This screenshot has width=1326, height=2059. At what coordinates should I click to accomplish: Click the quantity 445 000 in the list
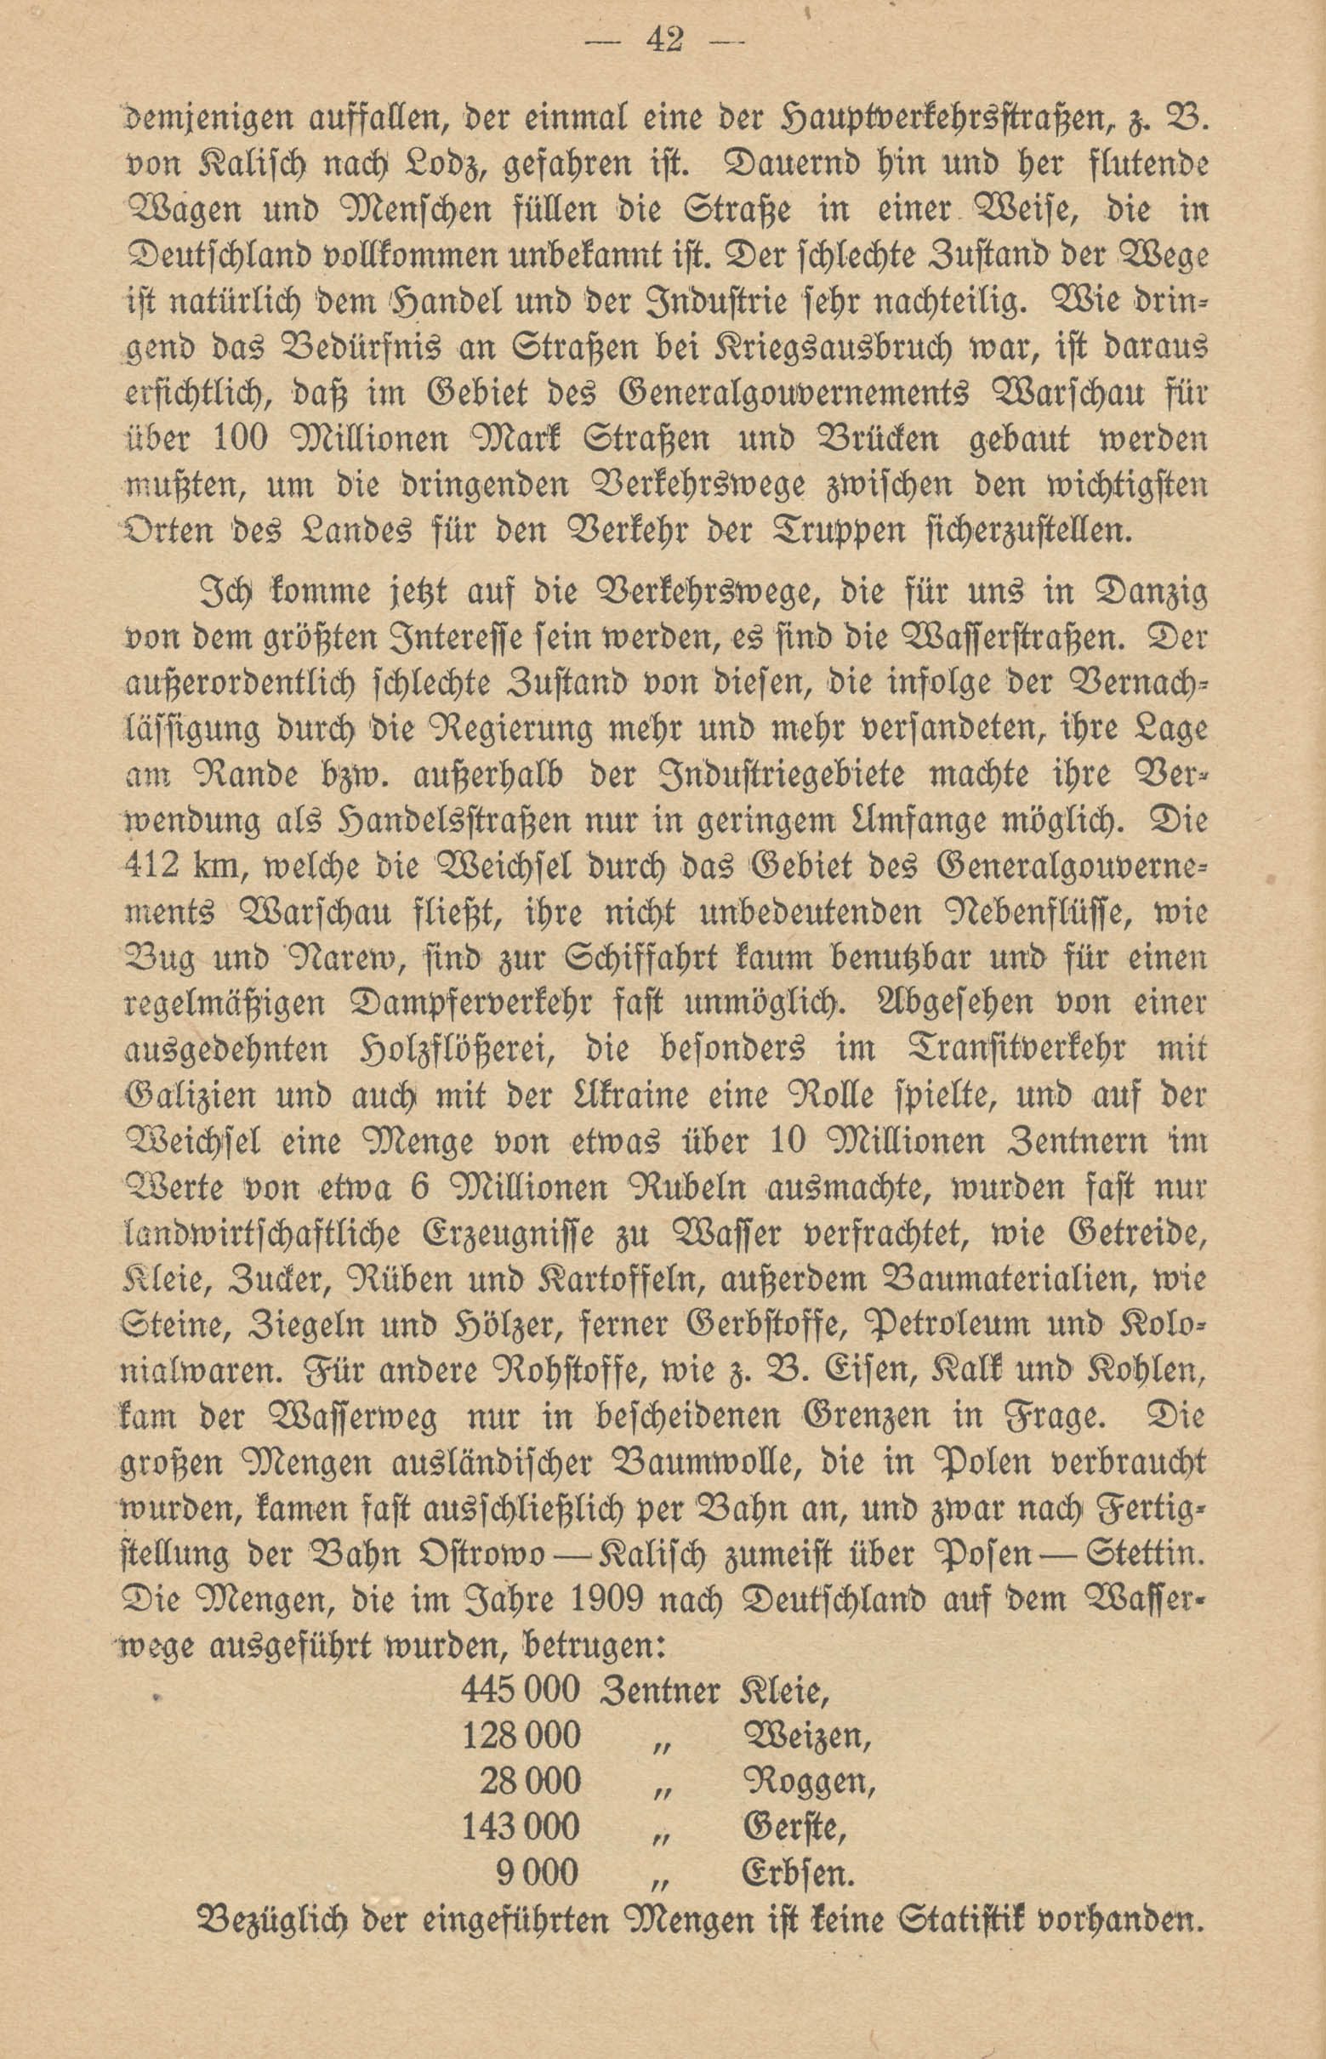coord(520,1690)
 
